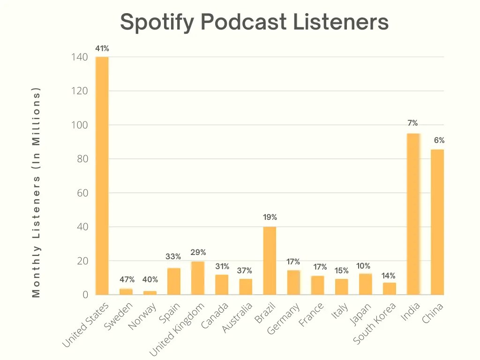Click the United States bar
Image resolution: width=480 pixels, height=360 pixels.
102,176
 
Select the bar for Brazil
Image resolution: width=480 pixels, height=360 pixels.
270,261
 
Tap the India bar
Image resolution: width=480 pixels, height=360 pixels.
413,214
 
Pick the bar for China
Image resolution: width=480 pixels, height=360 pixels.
437,222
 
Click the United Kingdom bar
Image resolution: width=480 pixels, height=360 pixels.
198,278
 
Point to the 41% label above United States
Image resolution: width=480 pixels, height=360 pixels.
102,48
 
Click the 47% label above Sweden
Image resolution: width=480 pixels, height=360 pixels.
127,280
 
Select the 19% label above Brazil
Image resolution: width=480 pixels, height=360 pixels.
270,217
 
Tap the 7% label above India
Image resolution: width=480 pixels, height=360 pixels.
412,123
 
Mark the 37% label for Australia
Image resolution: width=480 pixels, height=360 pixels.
244,270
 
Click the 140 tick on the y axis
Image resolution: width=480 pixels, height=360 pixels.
79,57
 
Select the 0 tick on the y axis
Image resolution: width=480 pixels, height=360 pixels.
85,295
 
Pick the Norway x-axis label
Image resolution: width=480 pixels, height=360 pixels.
142,316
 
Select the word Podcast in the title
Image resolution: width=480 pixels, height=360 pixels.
243,22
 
